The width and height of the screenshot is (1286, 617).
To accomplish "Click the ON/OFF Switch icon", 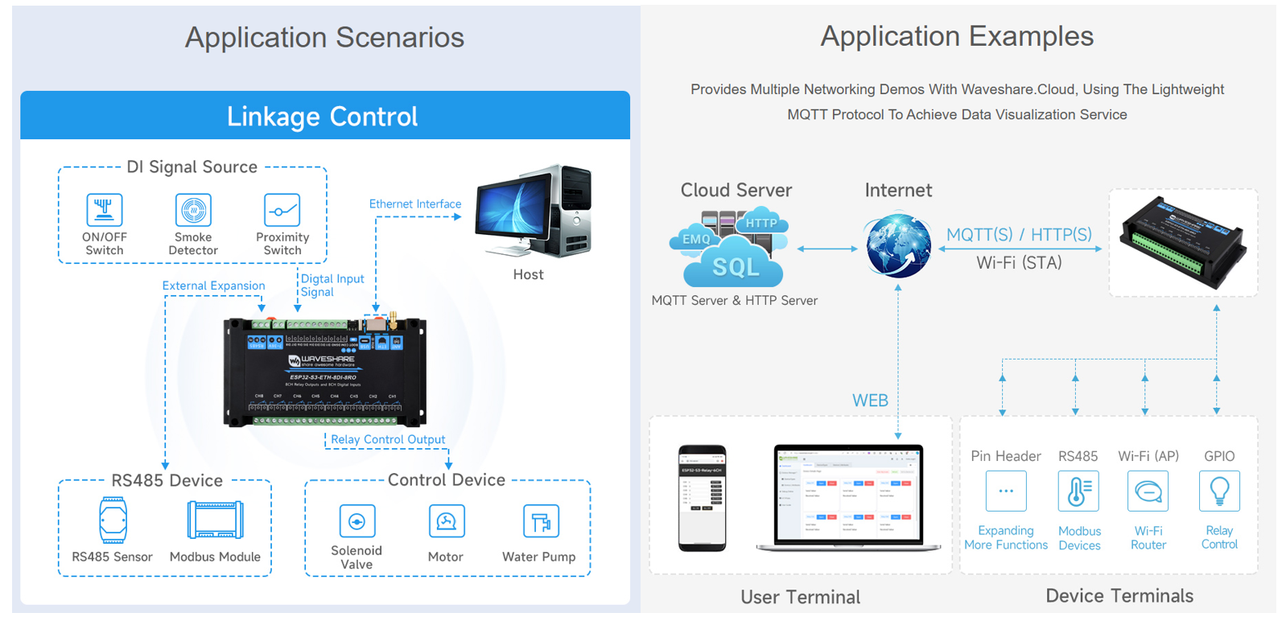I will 105,210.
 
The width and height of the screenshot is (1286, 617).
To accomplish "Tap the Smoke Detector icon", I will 193,210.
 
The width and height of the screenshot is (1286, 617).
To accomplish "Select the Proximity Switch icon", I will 282,210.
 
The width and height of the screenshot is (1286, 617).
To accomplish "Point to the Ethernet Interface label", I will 414,204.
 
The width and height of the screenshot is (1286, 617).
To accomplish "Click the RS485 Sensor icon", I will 113,520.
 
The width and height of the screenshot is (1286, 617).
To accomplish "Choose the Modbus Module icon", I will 215,520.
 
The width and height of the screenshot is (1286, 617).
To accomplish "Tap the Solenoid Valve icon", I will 357,521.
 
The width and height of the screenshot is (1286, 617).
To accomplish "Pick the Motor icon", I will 446,521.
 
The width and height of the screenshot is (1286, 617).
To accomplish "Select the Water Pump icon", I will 540,521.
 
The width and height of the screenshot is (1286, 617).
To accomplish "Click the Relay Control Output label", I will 388,439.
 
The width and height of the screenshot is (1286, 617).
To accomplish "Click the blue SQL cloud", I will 734,265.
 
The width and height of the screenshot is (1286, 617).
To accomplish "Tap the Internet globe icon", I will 898,246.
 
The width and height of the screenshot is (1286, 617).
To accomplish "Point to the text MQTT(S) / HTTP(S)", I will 1019,235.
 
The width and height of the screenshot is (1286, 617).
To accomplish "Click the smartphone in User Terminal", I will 702,498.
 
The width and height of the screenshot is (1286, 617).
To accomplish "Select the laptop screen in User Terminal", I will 848,493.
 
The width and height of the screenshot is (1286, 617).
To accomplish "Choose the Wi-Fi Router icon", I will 1148,491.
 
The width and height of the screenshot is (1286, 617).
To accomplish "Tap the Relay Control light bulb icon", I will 1219,491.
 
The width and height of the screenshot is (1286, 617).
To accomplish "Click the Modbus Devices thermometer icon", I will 1078,491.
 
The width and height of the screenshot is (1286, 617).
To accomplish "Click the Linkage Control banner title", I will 323,117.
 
